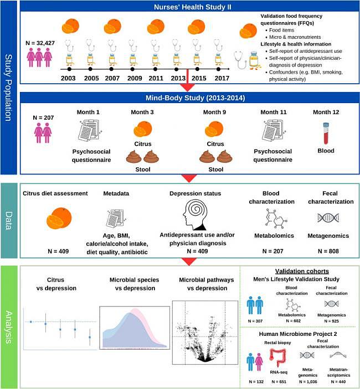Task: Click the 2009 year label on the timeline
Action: [135, 78]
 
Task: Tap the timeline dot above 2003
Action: [69, 69]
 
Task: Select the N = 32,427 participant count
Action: [40, 43]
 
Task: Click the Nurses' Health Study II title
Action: [192, 7]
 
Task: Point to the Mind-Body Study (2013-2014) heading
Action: [195, 98]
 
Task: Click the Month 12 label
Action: [326, 112]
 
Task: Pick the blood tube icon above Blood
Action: [326, 133]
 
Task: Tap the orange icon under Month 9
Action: [214, 129]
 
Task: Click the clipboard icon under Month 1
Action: [90, 130]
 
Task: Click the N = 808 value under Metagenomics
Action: [328, 252]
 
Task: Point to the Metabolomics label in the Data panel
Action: [274, 236]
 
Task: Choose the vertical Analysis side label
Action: [9, 327]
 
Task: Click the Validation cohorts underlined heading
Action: [302, 271]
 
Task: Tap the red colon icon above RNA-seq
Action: [278, 357]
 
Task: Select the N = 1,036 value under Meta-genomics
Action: [308, 382]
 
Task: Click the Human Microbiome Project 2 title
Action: [298, 334]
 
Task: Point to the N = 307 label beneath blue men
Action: [255, 321]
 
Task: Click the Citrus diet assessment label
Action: [55, 193]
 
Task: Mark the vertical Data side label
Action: [9, 221]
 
